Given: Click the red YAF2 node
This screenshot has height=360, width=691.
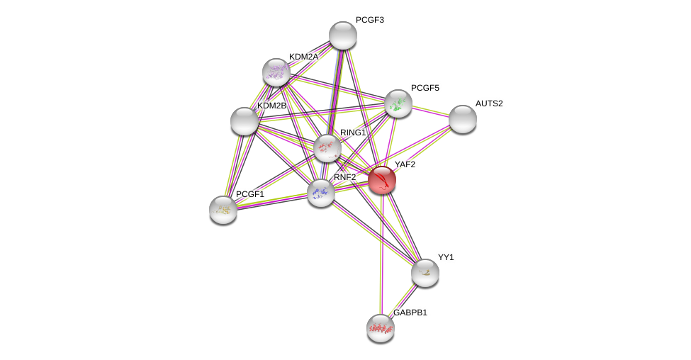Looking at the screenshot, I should [381, 180].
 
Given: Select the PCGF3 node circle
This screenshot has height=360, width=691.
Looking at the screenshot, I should [342, 35].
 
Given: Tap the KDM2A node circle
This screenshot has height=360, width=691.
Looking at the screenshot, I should [276, 72].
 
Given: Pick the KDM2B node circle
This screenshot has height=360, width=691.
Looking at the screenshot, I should [245, 121].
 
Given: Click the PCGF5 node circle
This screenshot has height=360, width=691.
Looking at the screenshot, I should [398, 103].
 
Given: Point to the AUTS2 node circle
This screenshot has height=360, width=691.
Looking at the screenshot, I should [462, 119].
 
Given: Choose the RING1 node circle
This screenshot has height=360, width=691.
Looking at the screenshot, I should [327, 147].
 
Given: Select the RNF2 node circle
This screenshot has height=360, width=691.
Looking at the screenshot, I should [320, 192].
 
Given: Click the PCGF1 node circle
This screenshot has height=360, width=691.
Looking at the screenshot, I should [223, 209].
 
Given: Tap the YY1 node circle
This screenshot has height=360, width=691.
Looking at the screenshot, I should [425, 272].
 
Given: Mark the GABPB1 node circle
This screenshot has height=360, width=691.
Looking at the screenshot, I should [381, 327].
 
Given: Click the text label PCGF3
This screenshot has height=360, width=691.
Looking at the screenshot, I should [369, 20].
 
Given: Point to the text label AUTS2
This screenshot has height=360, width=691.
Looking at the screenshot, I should [488, 103].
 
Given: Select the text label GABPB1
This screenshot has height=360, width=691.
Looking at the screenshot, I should [410, 313].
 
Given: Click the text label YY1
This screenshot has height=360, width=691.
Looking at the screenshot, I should [445, 257].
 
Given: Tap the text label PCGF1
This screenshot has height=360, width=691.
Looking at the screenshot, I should [249, 194].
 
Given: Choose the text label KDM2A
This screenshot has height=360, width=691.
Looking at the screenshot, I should [303, 57].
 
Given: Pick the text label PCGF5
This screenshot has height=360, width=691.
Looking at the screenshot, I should [425, 88].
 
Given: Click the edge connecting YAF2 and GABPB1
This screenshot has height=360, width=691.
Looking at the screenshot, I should [381, 255].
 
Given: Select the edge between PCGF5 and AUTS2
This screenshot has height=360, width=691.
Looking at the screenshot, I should [430, 111].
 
